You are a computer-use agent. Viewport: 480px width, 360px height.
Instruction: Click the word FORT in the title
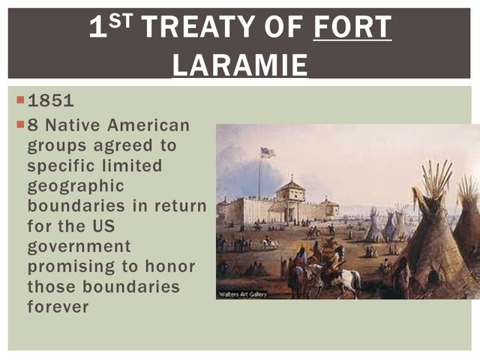[x=352, y=28]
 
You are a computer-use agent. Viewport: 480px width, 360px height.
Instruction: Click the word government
[x=79, y=246]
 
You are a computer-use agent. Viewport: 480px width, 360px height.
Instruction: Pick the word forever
[x=58, y=307]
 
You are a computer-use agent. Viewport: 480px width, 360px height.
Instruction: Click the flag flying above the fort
[x=267, y=152]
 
